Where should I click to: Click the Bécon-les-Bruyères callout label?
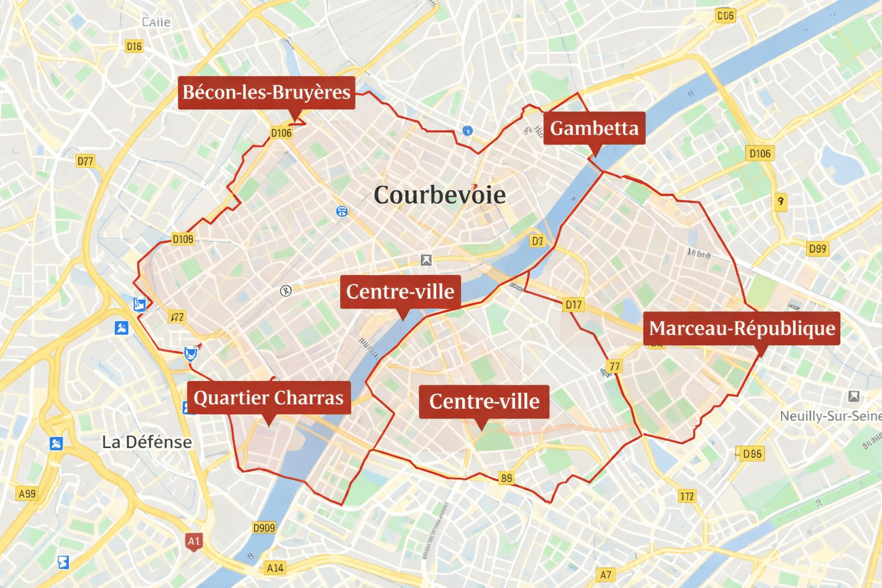266,92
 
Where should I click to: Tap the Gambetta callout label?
594,128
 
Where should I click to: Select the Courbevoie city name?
440,195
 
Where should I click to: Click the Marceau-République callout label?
741,328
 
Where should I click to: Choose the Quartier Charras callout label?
269,397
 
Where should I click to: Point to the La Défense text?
147,442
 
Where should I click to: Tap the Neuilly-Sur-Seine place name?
830,416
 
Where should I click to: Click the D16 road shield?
134,46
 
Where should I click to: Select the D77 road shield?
86,161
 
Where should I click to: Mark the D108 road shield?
183,239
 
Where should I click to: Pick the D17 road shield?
573,305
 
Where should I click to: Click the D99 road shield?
817,249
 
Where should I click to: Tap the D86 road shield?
752,454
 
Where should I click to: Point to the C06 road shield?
725,16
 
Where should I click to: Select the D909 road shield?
264,527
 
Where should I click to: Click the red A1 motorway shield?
194,541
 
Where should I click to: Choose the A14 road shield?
275,568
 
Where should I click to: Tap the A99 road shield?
27,493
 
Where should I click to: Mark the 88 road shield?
506,478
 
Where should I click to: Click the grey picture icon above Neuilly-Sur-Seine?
853,396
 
